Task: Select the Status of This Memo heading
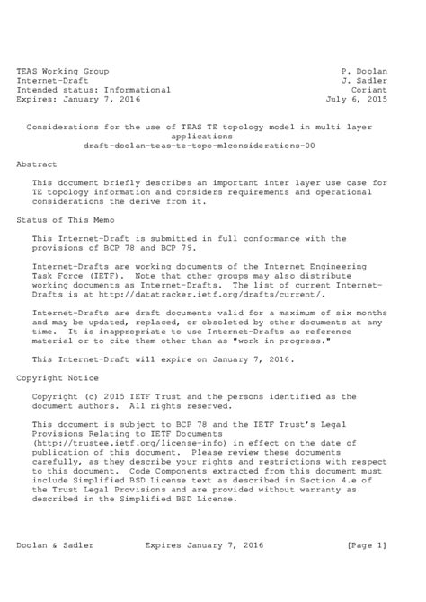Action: [x=68, y=218]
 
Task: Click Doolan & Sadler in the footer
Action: [x=55, y=544]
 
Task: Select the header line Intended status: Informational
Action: [x=93, y=90]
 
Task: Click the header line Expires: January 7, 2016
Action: [x=78, y=100]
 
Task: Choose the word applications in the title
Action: [x=212, y=134]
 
